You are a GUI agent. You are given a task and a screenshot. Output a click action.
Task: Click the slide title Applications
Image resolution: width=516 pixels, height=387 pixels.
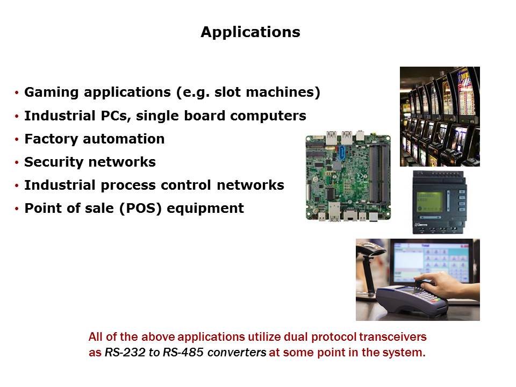250,32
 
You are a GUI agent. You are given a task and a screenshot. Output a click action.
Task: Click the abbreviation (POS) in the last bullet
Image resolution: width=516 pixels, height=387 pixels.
140,209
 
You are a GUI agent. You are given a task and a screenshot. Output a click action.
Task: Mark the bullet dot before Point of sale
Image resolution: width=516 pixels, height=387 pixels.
17,209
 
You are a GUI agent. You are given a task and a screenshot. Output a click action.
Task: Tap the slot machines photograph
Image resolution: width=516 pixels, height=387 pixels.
440,117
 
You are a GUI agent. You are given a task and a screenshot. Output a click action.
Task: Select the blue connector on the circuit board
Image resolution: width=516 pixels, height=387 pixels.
342,153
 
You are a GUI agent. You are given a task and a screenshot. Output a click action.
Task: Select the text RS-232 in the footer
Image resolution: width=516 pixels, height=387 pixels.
125,353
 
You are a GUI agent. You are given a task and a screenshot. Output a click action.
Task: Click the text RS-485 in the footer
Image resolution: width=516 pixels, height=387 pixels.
183,353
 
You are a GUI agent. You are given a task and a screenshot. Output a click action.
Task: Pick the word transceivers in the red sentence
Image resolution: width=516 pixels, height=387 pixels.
392,337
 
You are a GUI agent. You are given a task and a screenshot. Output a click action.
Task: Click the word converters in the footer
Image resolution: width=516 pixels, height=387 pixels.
237,353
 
